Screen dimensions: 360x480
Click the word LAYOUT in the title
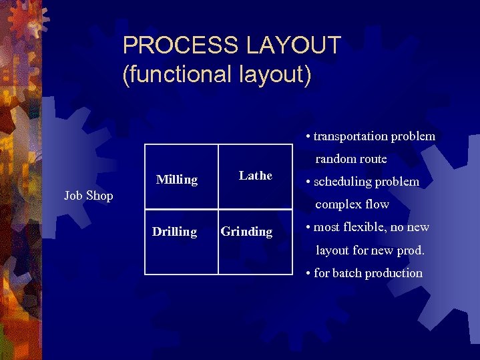[294, 46]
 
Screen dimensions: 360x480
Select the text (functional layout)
[217, 73]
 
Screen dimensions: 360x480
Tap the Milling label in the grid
[177, 180]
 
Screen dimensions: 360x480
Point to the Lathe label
[256, 176]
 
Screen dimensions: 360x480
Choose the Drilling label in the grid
[174, 232]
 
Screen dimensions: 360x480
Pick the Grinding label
[247, 232]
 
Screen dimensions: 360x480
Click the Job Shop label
[89, 196]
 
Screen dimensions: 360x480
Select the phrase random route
[351, 159]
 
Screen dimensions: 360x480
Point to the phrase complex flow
[352, 204]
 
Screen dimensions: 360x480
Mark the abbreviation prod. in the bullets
[409, 250]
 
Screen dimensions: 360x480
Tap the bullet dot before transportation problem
[308, 137]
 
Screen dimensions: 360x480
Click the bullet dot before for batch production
[308, 274]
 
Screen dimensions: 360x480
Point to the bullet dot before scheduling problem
[308, 182]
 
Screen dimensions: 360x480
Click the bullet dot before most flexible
[308, 228]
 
